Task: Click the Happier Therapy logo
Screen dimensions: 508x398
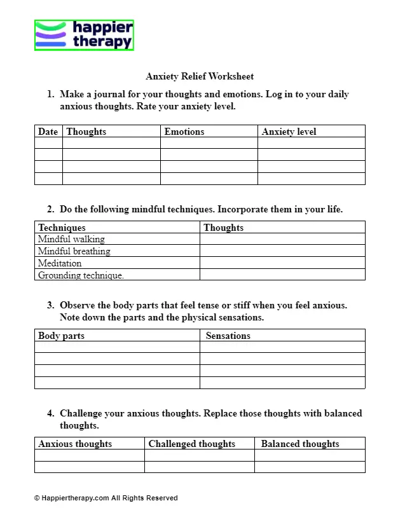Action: coord(84,35)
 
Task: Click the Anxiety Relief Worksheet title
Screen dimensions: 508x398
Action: coord(200,76)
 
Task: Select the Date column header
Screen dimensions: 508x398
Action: coord(48,132)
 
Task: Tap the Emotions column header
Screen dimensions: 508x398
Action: coord(184,132)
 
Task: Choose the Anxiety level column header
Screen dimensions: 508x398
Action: coord(289,132)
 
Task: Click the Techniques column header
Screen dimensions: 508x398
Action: coord(62,227)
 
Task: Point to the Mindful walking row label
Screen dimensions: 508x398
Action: coord(71,239)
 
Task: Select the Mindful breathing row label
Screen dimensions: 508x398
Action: coord(74,251)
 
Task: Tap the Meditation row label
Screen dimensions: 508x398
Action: coord(60,263)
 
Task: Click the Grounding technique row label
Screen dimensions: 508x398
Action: coord(81,275)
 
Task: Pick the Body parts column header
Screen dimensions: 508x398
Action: coord(61,335)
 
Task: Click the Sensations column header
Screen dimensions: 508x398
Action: coord(228,335)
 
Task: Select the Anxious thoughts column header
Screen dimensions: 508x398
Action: coord(75,444)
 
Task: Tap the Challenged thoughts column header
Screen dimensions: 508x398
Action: coord(191,444)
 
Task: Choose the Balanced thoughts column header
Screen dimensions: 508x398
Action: coord(300,444)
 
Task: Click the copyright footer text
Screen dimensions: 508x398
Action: coord(106,498)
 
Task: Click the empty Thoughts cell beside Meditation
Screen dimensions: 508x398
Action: coord(282,263)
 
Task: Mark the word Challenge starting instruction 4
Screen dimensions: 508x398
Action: coord(81,413)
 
